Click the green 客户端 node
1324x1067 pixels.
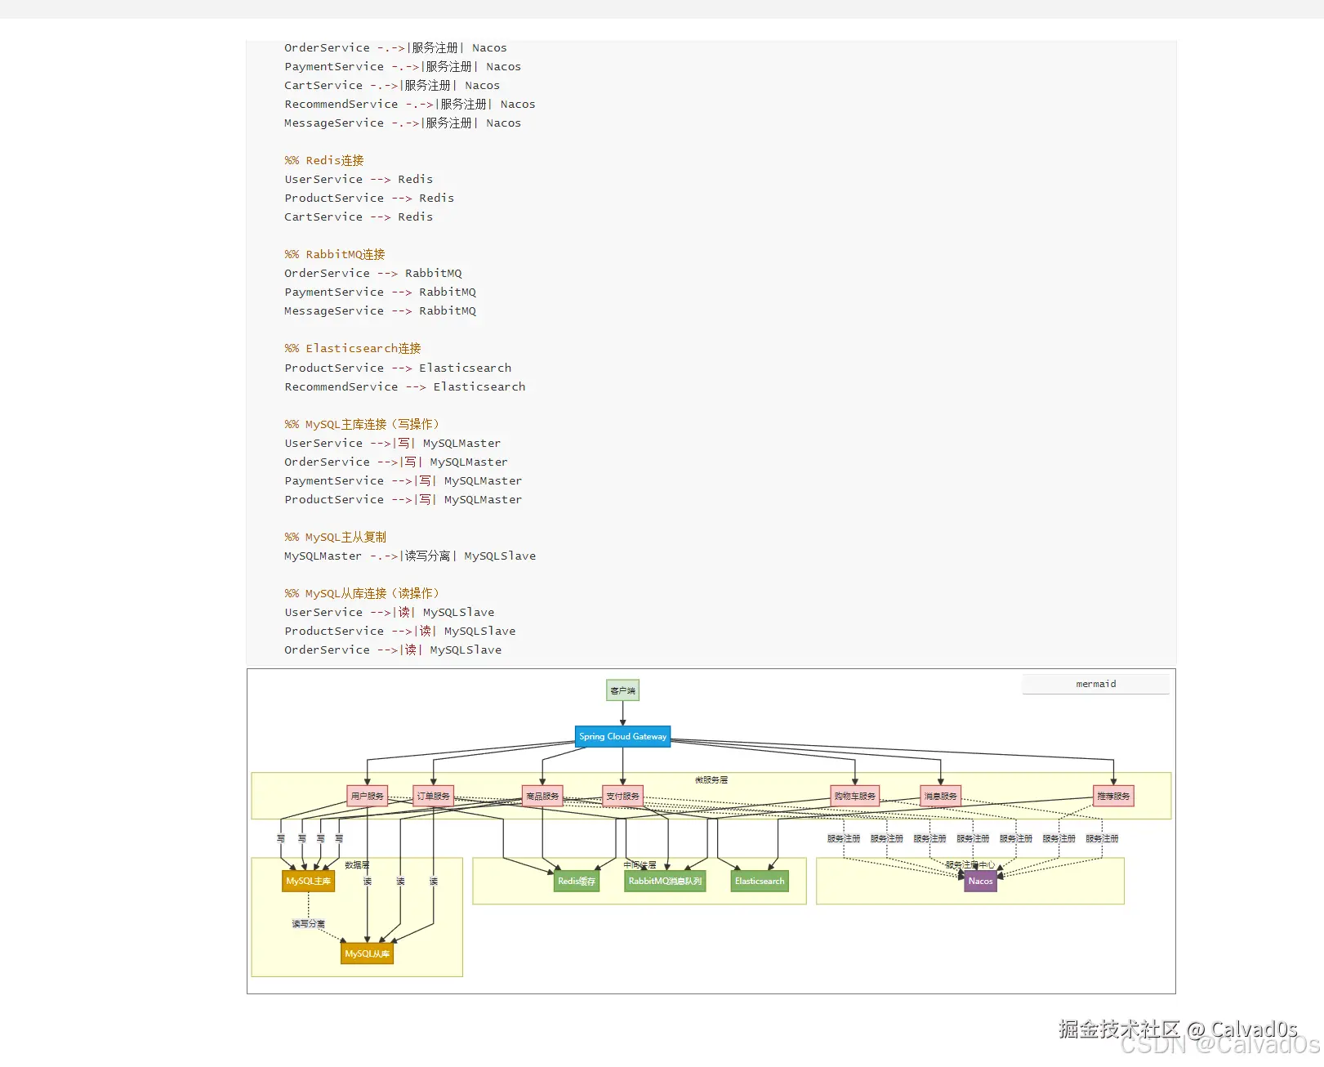point(622,690)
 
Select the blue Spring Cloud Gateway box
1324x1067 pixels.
point(622,736)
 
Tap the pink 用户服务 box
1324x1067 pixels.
point(367,796)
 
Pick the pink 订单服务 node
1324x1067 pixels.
point(433,796)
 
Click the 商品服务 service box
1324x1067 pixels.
point(542,796)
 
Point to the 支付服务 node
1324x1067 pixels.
point(622,796)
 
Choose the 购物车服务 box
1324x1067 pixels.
point(854,796)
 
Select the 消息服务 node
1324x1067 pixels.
point(940,796)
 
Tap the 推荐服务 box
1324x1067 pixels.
point(1113,796)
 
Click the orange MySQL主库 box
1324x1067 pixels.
point(308,881)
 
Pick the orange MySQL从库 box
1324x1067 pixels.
point(367,953)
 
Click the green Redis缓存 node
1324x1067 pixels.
point(576,881)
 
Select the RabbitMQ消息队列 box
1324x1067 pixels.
point(665,881)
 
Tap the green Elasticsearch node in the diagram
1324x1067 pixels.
point(759,881)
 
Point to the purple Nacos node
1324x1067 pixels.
point(980,881)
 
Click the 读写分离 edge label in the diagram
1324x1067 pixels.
point(308,924)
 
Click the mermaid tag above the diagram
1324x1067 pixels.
point(1095,684)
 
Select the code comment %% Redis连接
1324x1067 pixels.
point(324,160)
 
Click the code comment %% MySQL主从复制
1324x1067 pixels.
point(335,537)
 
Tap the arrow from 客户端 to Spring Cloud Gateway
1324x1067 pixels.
point(622,713)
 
